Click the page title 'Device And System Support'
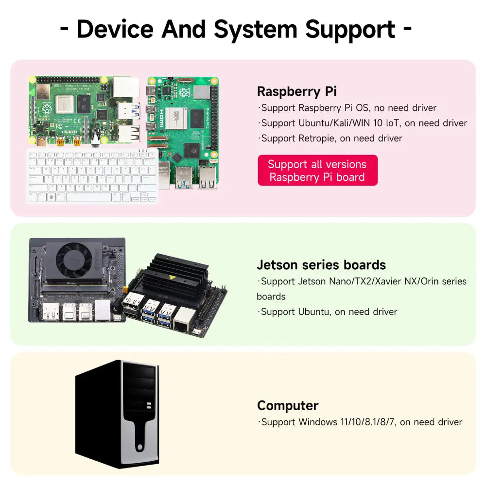[236, 29]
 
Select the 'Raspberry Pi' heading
[296, 91]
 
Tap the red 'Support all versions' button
[317, 171]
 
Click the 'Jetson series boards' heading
[321, 265]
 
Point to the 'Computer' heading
[288, 405]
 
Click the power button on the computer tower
[140, 447]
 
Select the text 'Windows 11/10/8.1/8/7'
[347, 422]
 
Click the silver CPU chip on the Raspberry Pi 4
[65, 104]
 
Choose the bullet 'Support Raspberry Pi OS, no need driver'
[348, 108]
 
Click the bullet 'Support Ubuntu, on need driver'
[329, 312]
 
